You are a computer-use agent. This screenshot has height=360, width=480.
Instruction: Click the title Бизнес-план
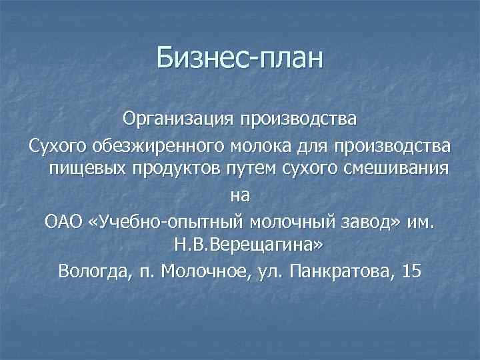pyautogui.click(x=239, y=58)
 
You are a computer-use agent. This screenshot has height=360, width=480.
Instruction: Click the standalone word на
pyautogui.click(x=240, y=195)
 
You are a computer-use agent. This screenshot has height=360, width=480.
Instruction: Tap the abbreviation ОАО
pyautogui.click(x=63, y=220)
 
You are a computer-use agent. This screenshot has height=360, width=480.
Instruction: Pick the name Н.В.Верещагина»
pyautogui.click(x=247, y=245)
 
